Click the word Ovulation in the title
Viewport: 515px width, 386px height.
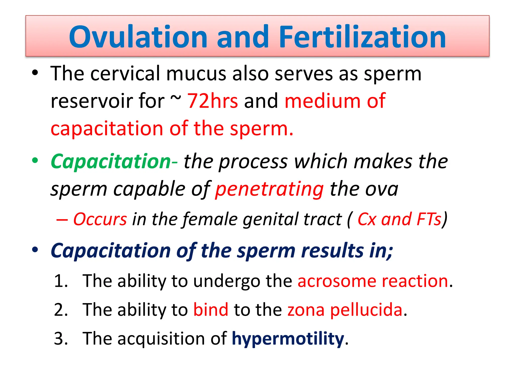coord(138,37)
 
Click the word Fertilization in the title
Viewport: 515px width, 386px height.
coord(362,37)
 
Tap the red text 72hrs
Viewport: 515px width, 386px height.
coord(212,101)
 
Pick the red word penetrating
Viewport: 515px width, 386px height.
coord(269,189)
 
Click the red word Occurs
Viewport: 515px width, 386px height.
coord(100,219)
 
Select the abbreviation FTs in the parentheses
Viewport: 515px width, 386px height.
coord(429,219)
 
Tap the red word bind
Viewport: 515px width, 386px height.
coord(211,310)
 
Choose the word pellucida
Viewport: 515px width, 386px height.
coord(366,310)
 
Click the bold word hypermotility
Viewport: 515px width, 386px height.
coord(288,339)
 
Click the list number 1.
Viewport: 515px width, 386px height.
coord(60,281)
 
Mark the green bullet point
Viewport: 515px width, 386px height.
coord(35,161)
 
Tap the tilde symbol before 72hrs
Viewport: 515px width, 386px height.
coord(176,98)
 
